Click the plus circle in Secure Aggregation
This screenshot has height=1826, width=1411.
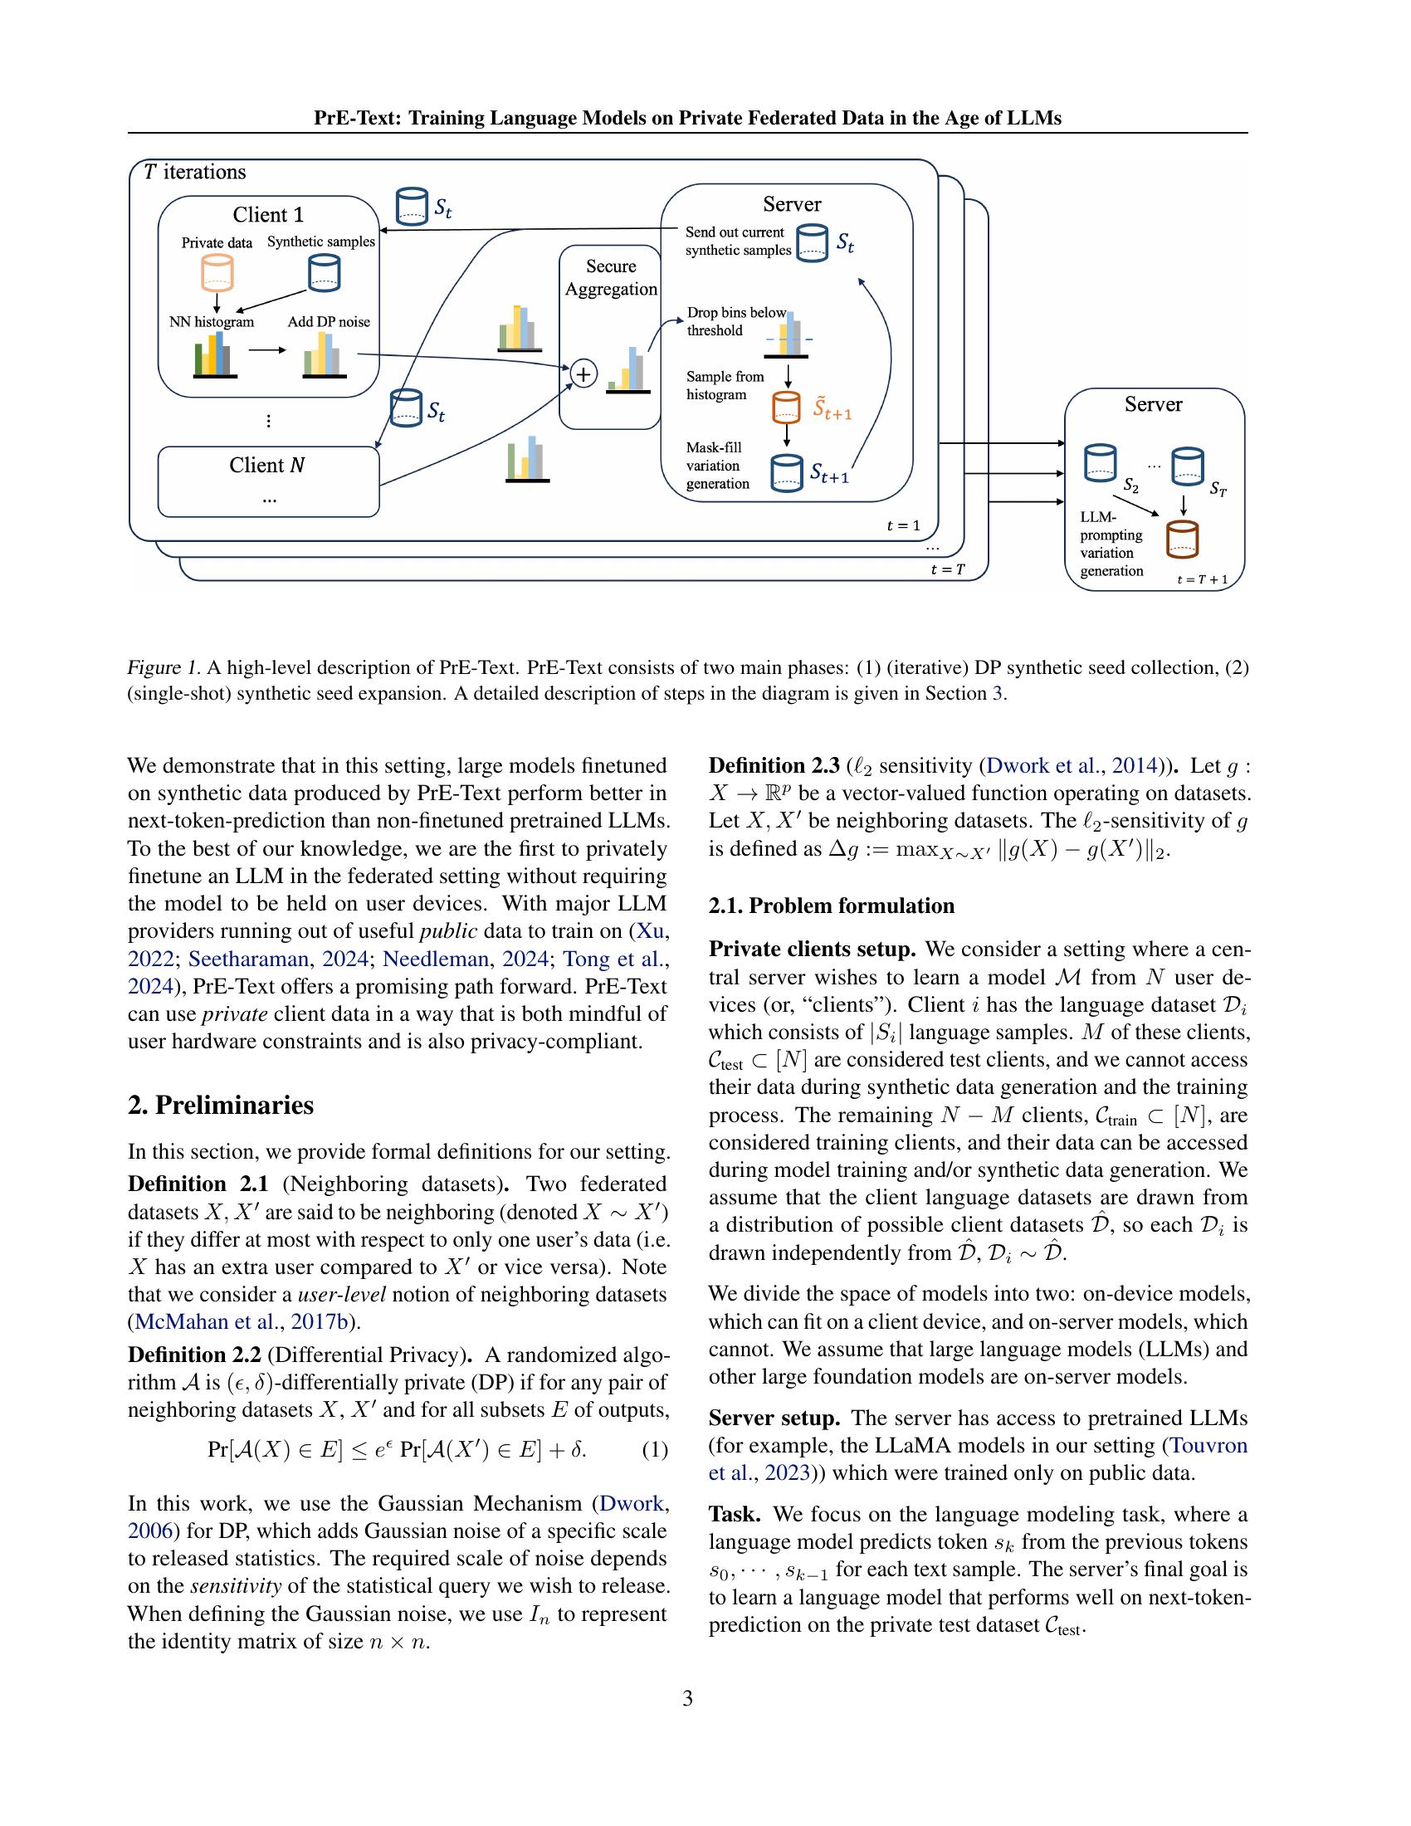(583, 373)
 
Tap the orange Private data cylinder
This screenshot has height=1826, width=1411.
(217, 273)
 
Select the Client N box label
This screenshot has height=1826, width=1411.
(267, 466)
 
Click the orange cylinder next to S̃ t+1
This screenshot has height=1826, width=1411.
(786, 408)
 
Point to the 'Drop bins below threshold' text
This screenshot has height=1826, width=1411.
(735, 321)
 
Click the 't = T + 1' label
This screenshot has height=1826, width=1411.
(1202, 579)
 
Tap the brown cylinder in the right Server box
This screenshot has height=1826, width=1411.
(1182, 539)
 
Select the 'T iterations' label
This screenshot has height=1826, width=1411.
(195, 173)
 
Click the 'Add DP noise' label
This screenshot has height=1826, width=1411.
(329, 322)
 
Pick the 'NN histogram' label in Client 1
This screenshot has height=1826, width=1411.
(212, 322)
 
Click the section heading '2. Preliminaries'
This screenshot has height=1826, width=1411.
(221, 1106)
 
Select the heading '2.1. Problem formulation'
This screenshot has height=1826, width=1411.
(831, 906)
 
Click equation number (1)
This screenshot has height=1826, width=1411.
(655, 1450)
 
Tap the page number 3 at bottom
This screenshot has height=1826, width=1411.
(687, 1698)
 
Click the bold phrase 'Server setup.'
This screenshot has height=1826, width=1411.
(774, 1418)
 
